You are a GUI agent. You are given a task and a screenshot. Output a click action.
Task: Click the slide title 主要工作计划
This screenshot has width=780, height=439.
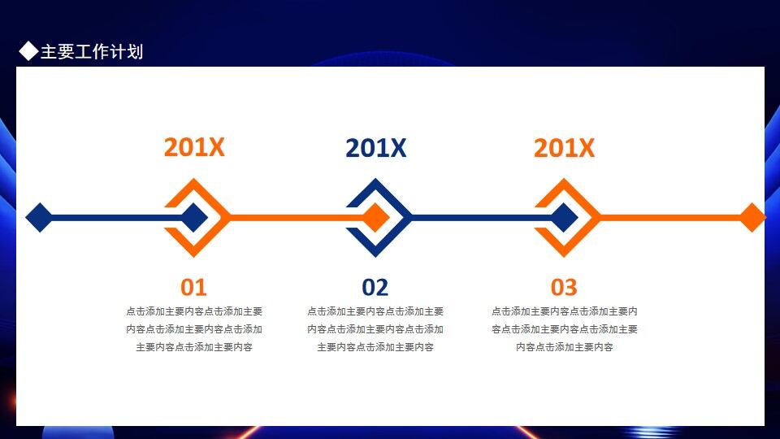pos(91,52)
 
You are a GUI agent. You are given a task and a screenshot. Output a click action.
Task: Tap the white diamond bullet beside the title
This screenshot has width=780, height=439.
pos(28,52)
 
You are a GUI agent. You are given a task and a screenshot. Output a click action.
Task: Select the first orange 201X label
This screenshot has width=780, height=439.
pos(194,148)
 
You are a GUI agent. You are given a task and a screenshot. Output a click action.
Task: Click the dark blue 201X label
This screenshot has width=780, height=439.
pos(375,148)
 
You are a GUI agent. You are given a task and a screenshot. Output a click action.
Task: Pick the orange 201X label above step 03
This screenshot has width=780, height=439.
pos(564,148)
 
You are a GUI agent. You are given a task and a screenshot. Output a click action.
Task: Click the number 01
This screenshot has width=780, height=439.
pos(193,287)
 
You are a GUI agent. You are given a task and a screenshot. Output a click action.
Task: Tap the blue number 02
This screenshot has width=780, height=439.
pos(375,287)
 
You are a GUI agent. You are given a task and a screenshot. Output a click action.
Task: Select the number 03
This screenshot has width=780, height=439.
pos(564,287)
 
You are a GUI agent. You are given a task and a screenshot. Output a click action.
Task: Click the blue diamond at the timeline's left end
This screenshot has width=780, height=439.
pos(39,218)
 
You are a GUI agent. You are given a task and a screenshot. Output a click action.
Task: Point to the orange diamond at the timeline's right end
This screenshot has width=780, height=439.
pos(752,218)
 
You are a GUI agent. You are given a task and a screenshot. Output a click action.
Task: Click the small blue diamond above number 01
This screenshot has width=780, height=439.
pos(194,218)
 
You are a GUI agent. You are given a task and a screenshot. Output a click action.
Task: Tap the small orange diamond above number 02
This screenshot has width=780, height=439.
pos(375,218)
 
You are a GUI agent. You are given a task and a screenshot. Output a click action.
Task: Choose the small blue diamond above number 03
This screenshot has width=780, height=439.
pos(564,218)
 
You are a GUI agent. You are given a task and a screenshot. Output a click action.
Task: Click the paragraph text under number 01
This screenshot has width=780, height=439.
pos(194,329)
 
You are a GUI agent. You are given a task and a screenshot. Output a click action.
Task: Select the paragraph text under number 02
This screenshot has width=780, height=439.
pos(375,329)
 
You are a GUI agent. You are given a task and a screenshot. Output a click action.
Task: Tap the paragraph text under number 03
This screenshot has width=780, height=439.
pos(564,329)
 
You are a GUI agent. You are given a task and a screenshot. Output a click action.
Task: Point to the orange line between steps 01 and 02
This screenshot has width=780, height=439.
pos(284,218)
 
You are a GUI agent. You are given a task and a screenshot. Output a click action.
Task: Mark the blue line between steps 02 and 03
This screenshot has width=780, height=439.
pos(471,218)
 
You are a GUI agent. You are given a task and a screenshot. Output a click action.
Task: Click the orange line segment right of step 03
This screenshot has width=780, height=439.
pos(666,218)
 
